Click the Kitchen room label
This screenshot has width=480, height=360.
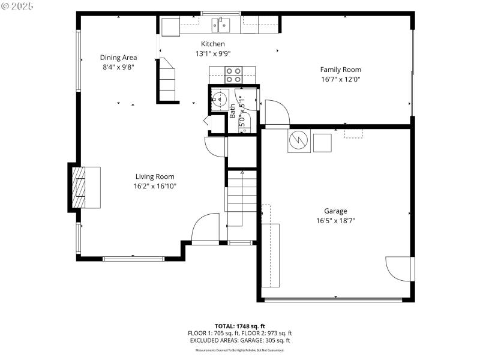213,44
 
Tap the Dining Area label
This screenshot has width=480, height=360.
118,58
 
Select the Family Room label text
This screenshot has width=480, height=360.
340,70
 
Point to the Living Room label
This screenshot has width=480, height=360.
154,176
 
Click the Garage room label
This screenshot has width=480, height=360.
335,211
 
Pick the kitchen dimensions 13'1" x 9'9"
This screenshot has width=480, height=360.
213,53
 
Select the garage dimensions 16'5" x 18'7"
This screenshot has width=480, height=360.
335,220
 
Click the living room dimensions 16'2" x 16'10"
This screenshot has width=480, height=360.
154,186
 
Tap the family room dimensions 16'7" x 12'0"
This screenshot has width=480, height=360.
340,79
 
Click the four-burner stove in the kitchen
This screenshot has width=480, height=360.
233,75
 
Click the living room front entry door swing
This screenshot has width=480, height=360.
205,228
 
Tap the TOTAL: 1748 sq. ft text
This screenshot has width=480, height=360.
240,326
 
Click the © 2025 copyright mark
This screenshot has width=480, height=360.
17,6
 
